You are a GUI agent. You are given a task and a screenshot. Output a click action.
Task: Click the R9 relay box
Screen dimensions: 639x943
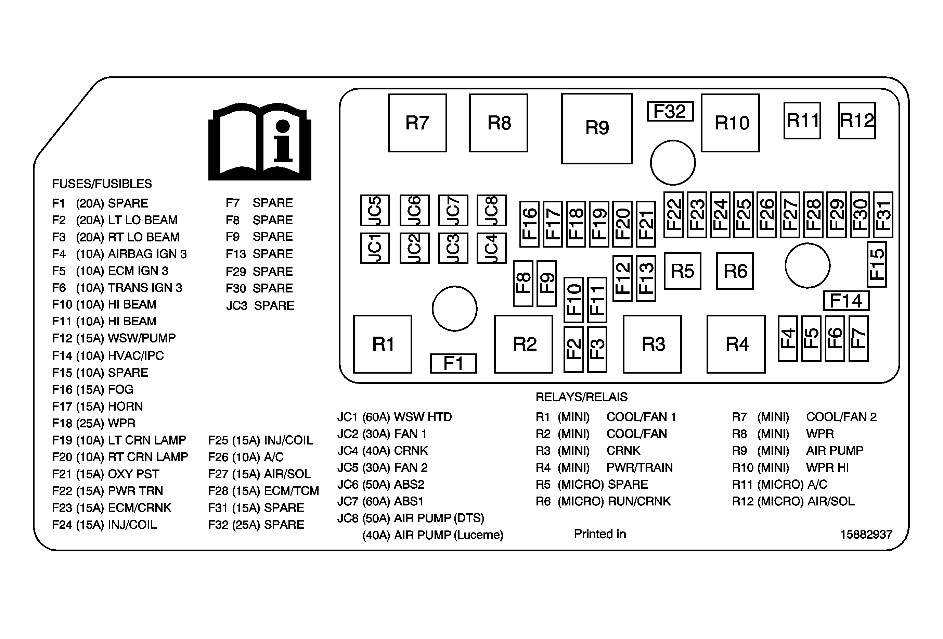click(x=596, y=128)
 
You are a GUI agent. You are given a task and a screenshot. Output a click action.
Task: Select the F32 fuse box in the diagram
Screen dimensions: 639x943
click(x=670, y=111)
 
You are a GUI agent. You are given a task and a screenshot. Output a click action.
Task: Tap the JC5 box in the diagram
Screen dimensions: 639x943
click(x=375, y=210)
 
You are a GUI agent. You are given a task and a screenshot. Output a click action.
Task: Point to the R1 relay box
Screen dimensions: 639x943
click(x=382, y=344)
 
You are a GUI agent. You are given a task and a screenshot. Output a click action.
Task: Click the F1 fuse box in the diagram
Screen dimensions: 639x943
click(x=453, y=363)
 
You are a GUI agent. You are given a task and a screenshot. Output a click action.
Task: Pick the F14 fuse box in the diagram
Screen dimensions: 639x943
click(x=846, y=301)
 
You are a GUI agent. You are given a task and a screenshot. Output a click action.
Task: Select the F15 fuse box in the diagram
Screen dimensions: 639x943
click(x=877, y=264)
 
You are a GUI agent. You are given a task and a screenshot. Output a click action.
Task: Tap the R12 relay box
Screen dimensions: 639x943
click(x=857, y=121)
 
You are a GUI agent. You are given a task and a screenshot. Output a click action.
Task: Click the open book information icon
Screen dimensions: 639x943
click(x=260, y=142)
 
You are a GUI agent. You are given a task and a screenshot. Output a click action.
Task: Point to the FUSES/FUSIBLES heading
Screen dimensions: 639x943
click(x=102, y=184)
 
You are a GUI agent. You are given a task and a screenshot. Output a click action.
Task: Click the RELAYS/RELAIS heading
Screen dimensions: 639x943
click(x=581, y=397)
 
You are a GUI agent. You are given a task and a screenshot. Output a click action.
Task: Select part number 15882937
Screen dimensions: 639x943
click(x=866, y=534)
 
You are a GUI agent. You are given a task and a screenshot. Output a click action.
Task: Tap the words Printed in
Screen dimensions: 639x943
click(x=600, y=534)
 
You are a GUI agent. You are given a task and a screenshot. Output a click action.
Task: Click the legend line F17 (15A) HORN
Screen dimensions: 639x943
click(x=98, y=406)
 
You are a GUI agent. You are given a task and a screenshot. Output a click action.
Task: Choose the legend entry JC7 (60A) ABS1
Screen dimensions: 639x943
click(x=380, y=501)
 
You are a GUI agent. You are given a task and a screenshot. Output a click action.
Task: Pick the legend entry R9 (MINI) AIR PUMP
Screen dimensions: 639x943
click(x=797, y=451)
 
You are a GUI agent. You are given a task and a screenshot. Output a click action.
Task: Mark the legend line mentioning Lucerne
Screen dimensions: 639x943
click(x=432, y=535)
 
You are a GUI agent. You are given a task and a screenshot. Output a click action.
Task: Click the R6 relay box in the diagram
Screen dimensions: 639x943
click(x=735, y=271)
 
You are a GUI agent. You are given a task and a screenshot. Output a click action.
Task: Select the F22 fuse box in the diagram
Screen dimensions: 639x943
click(x=674, y=215)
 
